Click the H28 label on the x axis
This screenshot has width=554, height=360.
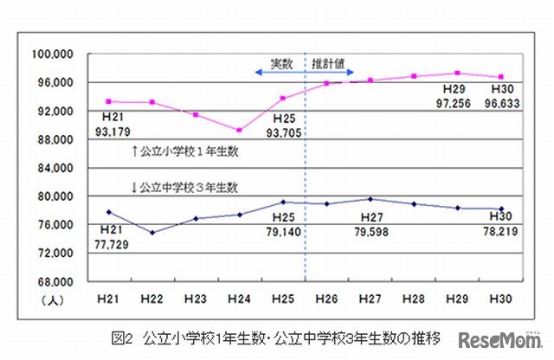coord(414,298)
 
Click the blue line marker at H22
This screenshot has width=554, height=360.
coord(152,232)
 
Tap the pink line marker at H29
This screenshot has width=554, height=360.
coord(458,74)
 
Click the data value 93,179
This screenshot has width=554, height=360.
coord(114,132)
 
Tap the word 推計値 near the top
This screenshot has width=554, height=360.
coord(331,63)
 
